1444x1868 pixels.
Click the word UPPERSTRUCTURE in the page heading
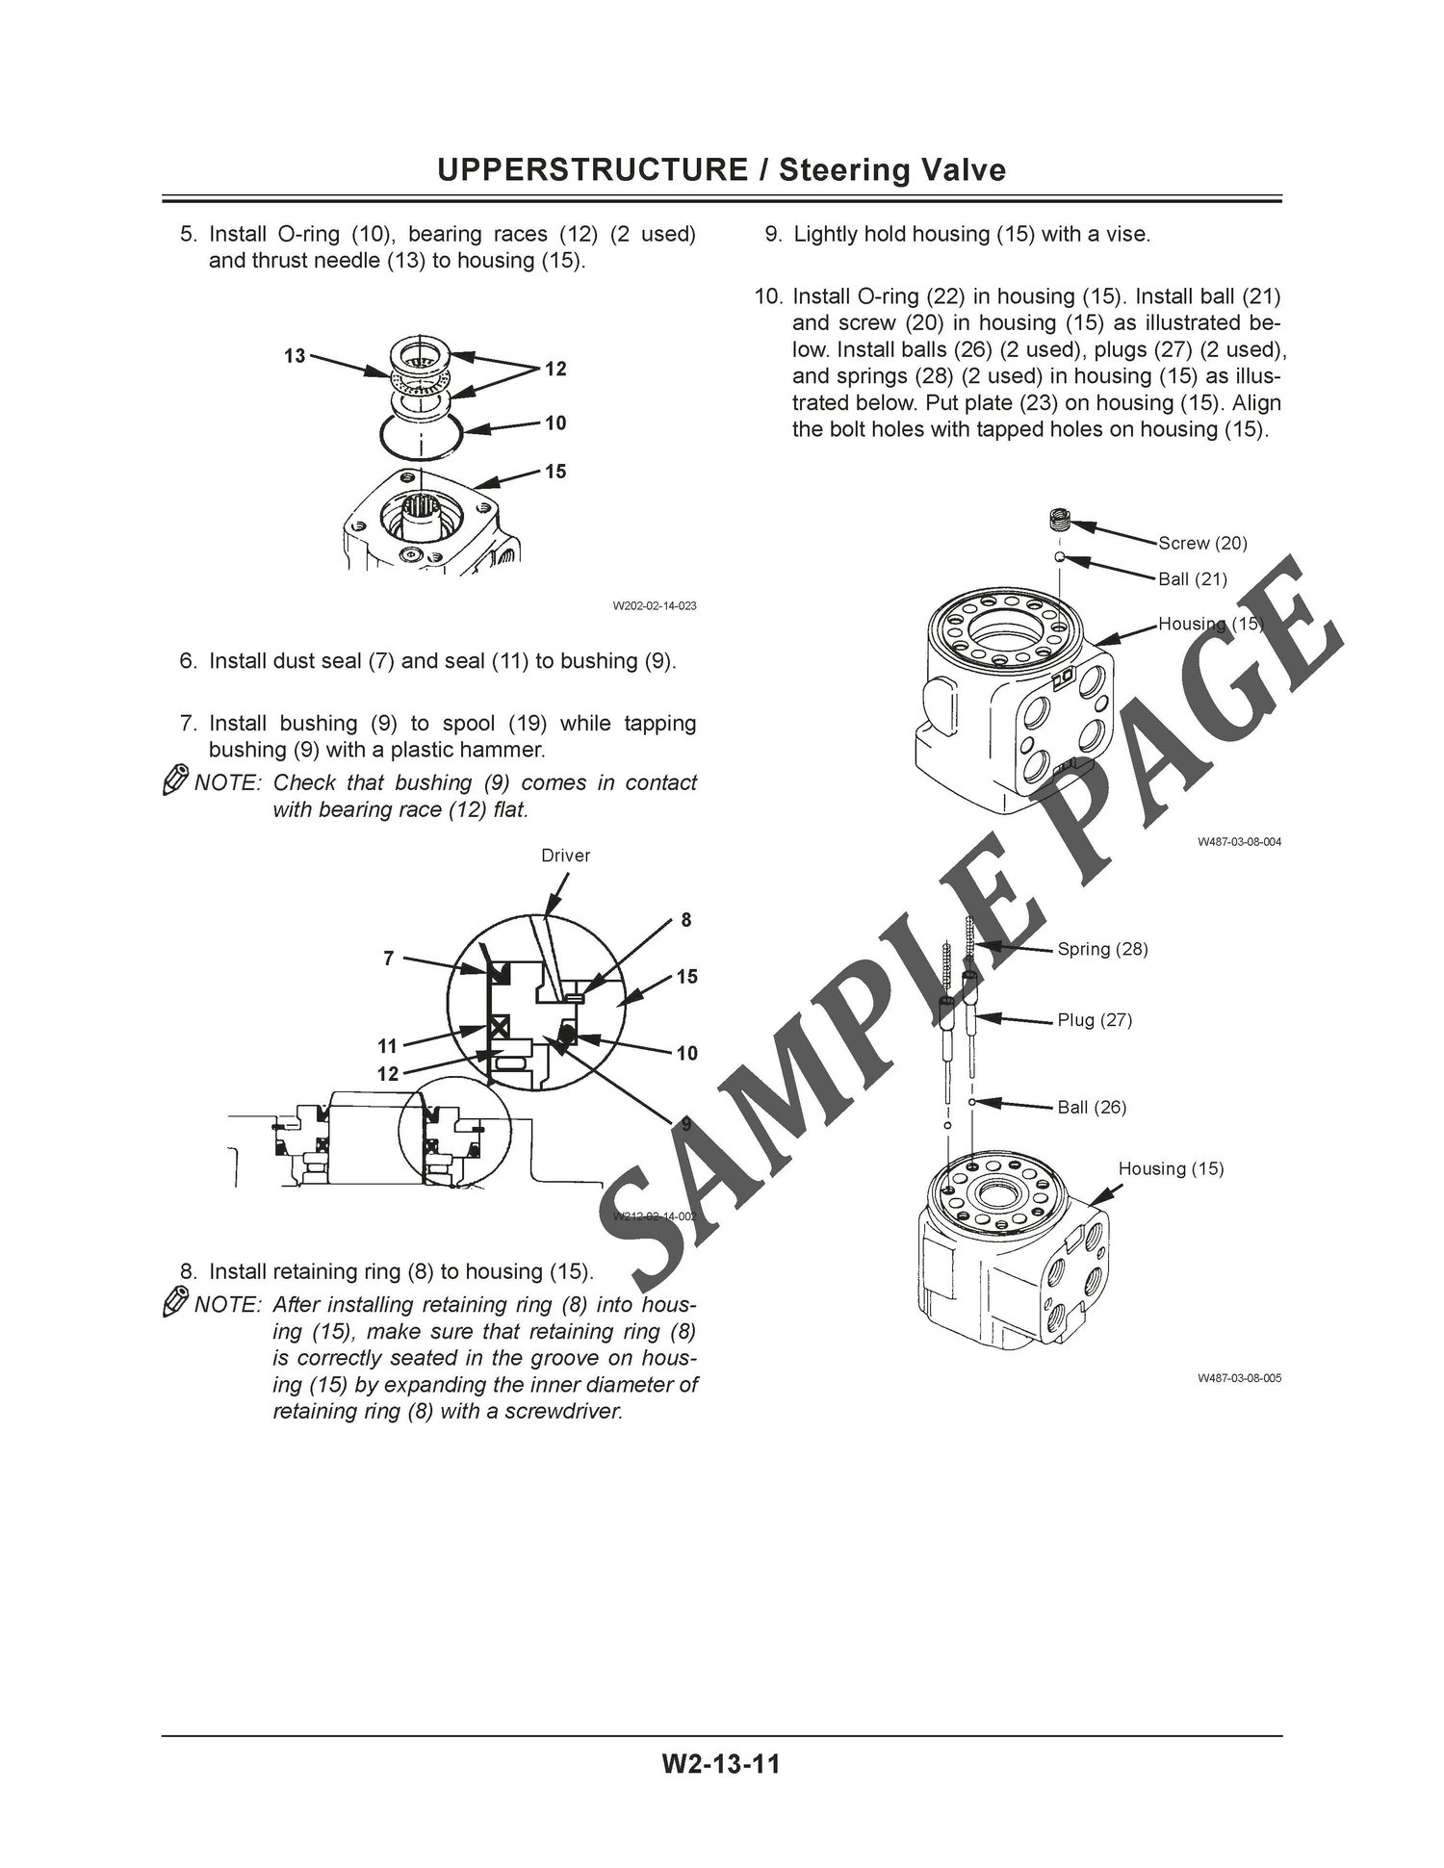(x=592, y=170)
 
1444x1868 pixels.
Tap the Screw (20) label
(x=1202, y=544)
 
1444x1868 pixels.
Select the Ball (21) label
(x=1193, y=579)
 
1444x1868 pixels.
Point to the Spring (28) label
(x=1103, y=949)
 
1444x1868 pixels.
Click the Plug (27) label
(x=1096, y=1020)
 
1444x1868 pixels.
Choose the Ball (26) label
(x=1093, y=1108)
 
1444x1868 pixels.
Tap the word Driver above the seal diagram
(x=566, y=856)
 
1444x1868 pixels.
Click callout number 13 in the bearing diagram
(x=295, y=356)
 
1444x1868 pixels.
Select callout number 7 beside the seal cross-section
(x=389, y=959)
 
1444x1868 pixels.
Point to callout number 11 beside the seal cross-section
(x=387, y=1046)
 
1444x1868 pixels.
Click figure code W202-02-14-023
(x=655, y=606)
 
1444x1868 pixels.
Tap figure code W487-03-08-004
(x=1240, y=842)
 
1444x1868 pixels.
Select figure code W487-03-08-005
(x=1240, y=1378)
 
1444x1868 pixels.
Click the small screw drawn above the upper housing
(x=1059, y=520)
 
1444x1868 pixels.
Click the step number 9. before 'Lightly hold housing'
(x=773, y=235)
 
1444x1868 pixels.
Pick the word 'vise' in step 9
(x=1127, y=235)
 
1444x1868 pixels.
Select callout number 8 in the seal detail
(x=686, y=920)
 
